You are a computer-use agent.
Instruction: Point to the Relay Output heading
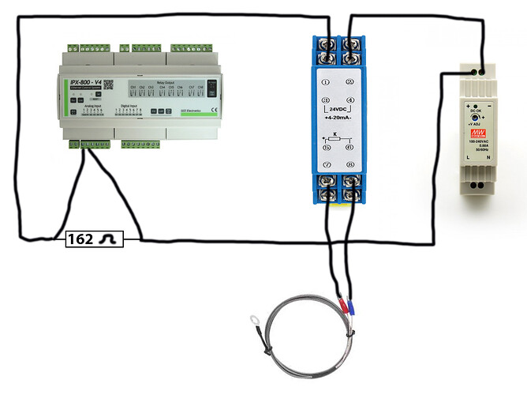click(166, 79)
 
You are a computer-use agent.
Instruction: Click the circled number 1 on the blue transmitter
click(326, 81)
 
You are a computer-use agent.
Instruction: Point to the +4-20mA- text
click(338, 117)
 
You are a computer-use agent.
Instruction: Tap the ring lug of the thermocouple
click(252, 321)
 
